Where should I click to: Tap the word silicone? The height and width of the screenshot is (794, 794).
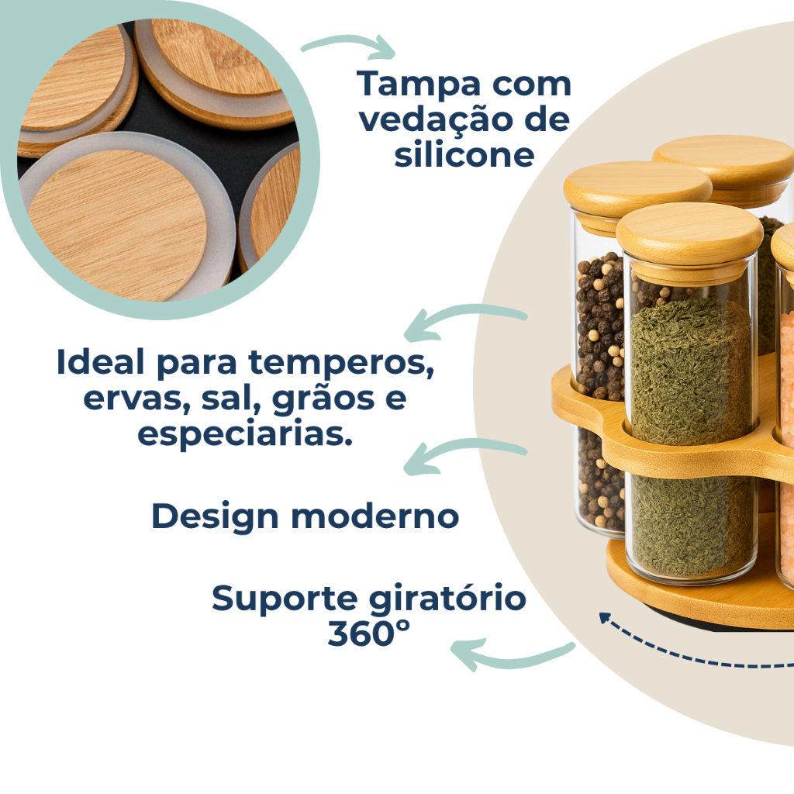pos(464,154)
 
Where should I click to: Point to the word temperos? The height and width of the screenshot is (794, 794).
pos(341,364)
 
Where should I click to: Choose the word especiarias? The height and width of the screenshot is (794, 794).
pos(245,434)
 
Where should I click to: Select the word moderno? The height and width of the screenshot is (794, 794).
pos(376,516)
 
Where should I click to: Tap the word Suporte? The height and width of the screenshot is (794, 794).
pos(285,599)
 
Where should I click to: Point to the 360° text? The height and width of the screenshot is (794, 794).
pos(368,633)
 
